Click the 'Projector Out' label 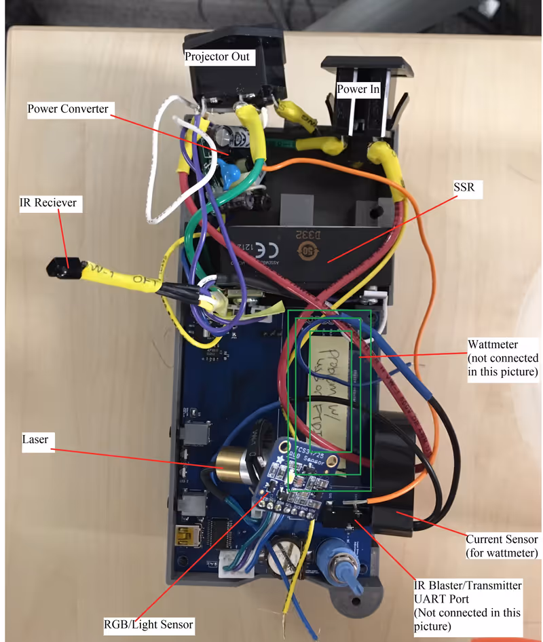(217, 56)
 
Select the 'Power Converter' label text (68, 109)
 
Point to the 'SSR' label (466, 189)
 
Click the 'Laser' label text (35, 439)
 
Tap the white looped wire (161, 170)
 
